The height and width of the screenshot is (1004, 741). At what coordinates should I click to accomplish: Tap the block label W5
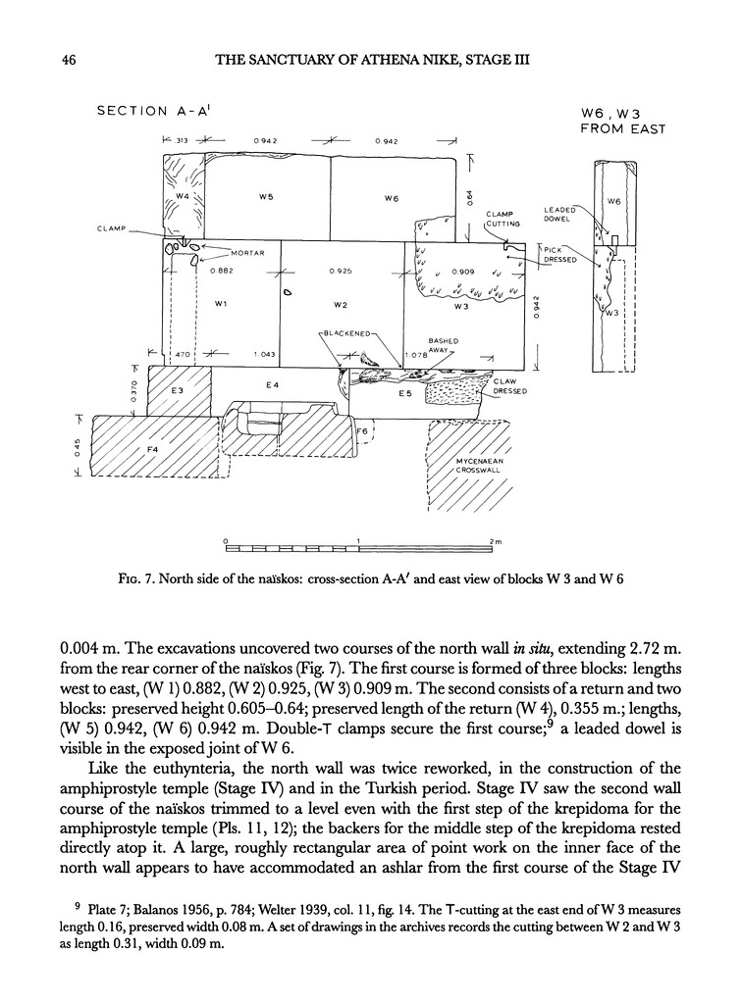point(265,197)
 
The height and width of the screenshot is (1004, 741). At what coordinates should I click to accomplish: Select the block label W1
point(221,304)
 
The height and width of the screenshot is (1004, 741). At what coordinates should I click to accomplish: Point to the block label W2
point(343,304)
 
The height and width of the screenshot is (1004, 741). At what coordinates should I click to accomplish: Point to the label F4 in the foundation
point(150,450)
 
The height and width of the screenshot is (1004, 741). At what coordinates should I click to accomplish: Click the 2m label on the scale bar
point(496,541)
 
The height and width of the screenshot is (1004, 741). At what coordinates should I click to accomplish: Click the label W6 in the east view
point(615,202)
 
